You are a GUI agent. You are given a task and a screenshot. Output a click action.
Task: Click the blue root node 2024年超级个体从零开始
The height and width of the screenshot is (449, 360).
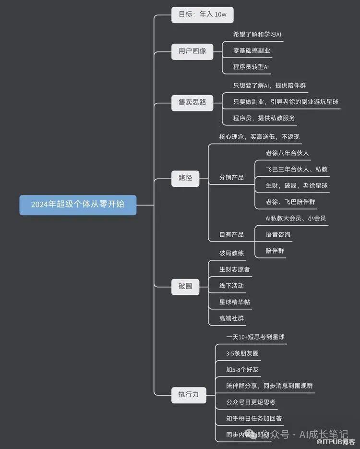pos(78,205)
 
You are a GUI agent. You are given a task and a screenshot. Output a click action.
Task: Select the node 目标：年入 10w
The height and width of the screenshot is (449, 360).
pos(202,15)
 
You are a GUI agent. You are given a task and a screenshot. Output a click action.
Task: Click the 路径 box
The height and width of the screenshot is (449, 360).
pos(185,178)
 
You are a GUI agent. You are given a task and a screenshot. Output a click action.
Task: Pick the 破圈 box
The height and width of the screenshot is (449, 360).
pos(185,286)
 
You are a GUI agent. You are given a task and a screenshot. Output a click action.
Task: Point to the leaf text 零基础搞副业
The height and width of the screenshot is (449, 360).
pos(252,50)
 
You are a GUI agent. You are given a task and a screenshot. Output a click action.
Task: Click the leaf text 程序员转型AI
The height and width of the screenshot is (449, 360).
pos(251,67)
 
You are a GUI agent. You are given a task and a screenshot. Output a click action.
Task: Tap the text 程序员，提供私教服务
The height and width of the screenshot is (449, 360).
pos(264,118)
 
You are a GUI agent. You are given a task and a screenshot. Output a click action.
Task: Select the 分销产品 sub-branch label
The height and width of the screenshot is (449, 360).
pos(231,178)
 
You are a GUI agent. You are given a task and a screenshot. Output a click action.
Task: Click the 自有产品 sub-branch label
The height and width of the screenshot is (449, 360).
pos(231,234)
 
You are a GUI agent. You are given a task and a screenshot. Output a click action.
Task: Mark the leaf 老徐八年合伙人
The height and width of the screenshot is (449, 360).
pos(287,153)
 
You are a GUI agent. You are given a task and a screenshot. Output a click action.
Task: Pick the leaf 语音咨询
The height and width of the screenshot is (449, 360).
pos(278,234)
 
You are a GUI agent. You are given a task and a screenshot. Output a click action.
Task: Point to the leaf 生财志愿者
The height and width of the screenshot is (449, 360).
pos(234,269)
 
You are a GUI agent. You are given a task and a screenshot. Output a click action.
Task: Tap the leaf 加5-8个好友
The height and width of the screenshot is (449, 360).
pos(242,370)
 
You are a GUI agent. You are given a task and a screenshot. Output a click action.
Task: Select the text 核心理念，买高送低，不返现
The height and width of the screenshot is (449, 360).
pos(259,137)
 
